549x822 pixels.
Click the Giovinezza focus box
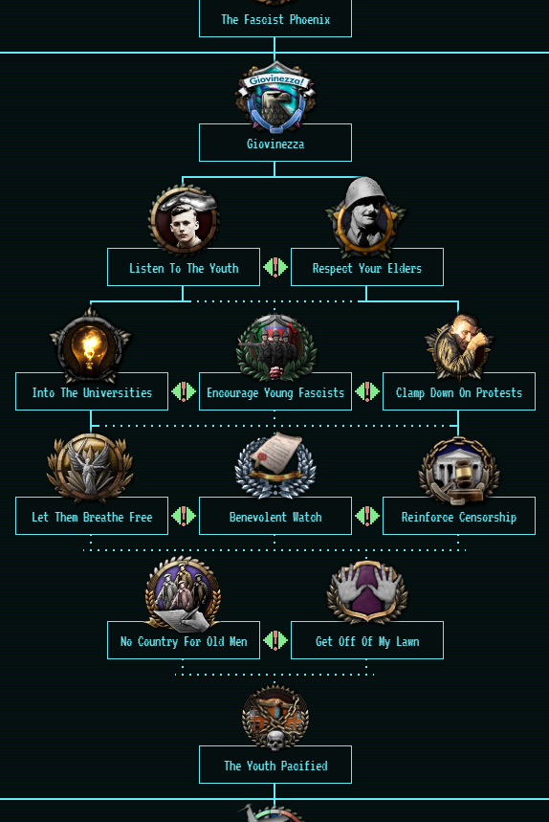click(x=275, y=143)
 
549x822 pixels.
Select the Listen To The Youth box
click(x=184, y=267)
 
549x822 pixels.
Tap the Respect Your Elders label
click(x=366, y=267)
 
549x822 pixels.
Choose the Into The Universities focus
click(x=92, y=391)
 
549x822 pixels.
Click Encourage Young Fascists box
click(x=275, y=391)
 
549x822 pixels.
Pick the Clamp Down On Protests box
click(x=459, y=391)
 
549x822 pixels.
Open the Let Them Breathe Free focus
click(x=92, y=516)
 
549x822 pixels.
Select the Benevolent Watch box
click(x=275, y=516)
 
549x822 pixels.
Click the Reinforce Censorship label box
click(x=459, y=516)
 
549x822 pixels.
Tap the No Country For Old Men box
click(x=184, y=640)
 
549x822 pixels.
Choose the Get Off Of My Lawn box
click(x=366, y=640)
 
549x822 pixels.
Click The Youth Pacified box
click(x=275, y=765)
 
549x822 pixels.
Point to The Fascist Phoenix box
click(x=275, y=18)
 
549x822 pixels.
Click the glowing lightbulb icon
click(x=90, y=345)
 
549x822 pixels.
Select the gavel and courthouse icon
click(x=459, y=470)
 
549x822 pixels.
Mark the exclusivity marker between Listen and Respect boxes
click(x=275, y=267)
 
